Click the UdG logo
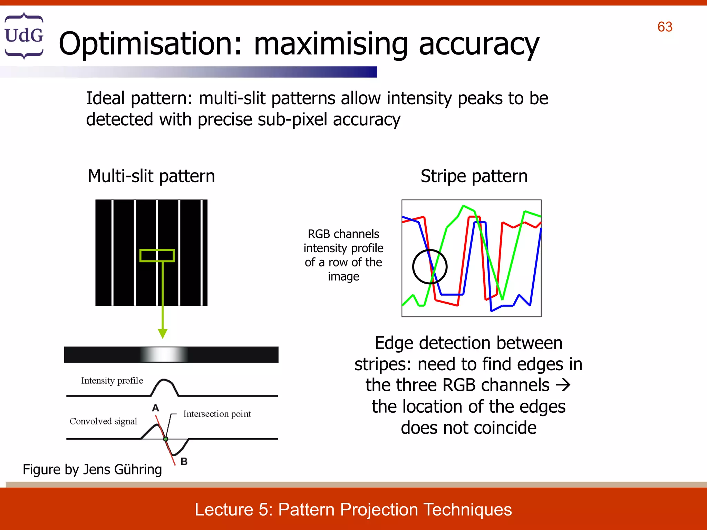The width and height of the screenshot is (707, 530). click(24, 36)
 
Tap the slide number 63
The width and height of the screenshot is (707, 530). click(665, 27)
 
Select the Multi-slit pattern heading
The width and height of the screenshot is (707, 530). click(151, 176)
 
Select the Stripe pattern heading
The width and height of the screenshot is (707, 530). click(474, 176)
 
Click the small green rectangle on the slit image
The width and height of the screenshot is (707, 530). click(157, 256)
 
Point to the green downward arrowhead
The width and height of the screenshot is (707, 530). click(163, 333)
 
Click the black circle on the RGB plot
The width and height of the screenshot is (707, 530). click(430, 267)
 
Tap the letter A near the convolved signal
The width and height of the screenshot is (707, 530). click(156, 408)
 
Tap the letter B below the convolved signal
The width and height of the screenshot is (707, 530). click(184, 461)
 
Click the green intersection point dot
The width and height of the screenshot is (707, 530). click(166, 439)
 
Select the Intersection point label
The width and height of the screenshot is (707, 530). click(217, 414)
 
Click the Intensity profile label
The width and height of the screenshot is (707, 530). click(112, 381)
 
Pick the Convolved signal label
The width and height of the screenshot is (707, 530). click(103, 421)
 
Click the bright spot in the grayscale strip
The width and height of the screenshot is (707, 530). click(164, 355)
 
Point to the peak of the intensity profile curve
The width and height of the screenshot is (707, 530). click(165, 380)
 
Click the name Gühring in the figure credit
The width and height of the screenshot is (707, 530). click(138, 470)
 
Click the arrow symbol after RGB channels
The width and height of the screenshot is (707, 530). click(563, 385)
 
